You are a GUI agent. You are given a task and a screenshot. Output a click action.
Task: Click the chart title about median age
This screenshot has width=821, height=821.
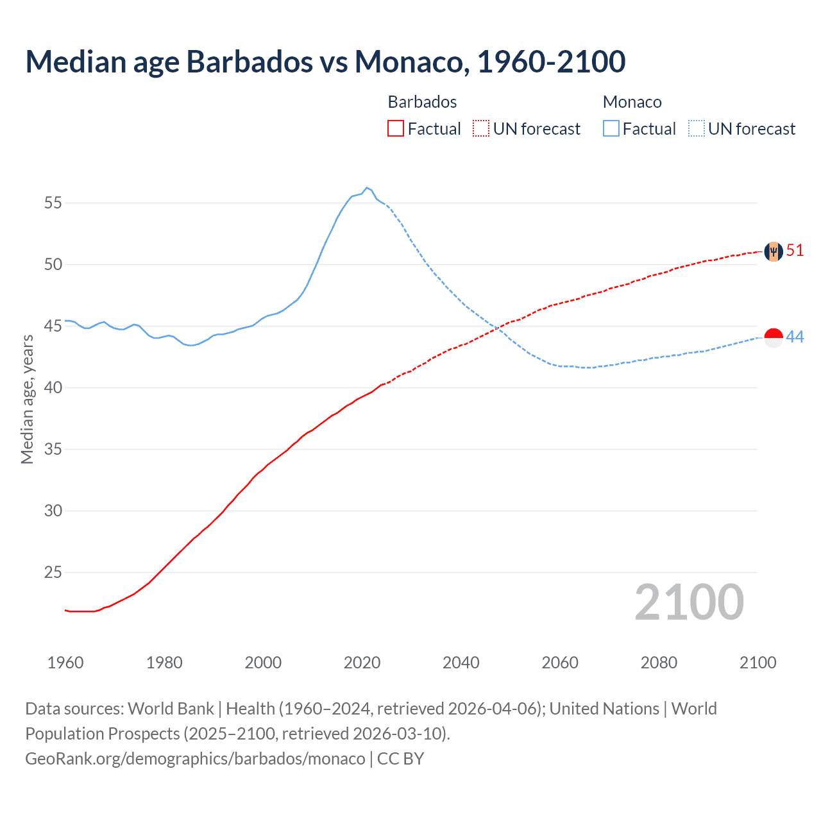[x=325, y=62]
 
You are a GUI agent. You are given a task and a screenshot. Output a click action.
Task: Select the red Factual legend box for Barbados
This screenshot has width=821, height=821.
[x=396, y=129]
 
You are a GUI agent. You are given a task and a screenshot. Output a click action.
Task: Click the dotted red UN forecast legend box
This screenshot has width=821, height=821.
[x=481, y=129]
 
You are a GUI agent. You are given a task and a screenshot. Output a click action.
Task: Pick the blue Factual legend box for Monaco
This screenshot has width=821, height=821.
[x=611, y=129]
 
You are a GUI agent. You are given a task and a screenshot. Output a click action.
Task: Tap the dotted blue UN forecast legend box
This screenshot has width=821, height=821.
[x=697, y=129]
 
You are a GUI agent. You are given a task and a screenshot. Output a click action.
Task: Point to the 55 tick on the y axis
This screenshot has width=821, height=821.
[x=53, y=203]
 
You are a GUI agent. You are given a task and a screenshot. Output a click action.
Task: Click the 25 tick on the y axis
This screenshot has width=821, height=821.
[x=53, y=572]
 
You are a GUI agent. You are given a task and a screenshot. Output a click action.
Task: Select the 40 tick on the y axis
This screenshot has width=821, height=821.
[x=53, y=388]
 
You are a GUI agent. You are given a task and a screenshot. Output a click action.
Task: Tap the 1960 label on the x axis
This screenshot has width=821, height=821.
[x=65, y=663]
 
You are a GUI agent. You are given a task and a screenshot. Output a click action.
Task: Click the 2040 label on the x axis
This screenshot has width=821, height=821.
[x=461, y=663]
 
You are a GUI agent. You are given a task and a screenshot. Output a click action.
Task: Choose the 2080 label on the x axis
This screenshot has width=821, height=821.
[x=659, y=663]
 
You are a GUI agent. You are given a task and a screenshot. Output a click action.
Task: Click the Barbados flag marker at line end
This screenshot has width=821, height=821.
[x=774, y=251]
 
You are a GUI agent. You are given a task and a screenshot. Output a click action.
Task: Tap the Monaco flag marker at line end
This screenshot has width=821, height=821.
[x=774, y=337]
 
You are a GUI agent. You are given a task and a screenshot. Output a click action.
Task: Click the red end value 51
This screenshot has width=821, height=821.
[x=795, y=251]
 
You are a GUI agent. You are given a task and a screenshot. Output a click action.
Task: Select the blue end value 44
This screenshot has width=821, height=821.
[x=795, y=337]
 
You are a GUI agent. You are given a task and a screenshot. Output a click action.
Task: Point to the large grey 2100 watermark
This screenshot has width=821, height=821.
[x=689, y=602]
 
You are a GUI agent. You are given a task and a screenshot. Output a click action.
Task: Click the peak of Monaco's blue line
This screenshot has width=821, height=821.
[x=366, y=188]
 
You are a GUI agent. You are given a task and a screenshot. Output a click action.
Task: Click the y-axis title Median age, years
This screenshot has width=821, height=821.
[x=27, y=399]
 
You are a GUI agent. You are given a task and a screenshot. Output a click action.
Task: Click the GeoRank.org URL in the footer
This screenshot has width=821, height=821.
[x=195, y=759]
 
